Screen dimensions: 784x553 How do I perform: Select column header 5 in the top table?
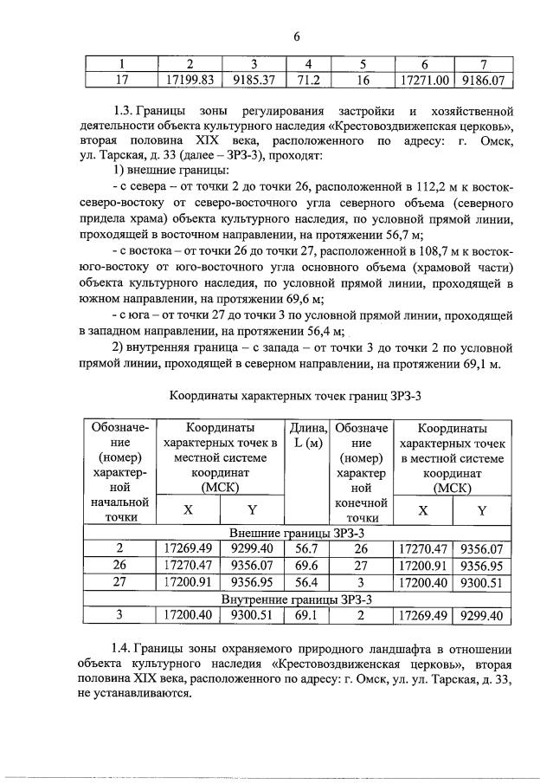tap(363, 64)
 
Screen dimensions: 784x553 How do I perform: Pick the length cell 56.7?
tap(308, 548)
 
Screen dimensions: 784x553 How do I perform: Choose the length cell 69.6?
tap(308, 566)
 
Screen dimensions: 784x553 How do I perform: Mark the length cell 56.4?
tap(308, 582)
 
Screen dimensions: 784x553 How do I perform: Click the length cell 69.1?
tap(308, 615)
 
